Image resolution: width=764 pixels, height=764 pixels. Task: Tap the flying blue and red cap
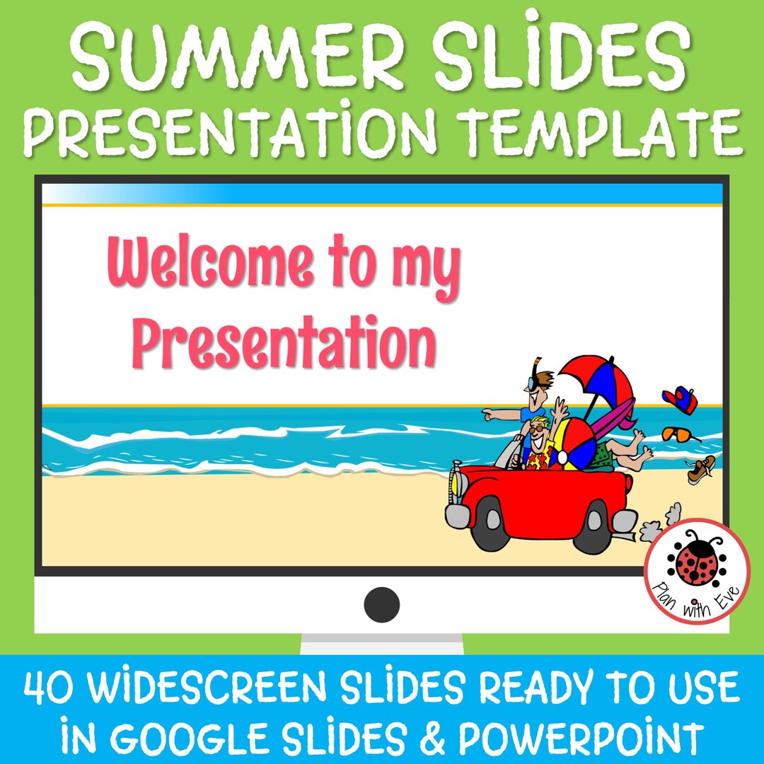tap(681, 400)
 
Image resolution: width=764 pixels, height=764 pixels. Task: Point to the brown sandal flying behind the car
tap(701, 469)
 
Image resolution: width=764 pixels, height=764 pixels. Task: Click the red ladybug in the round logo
tap(696, 562)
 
